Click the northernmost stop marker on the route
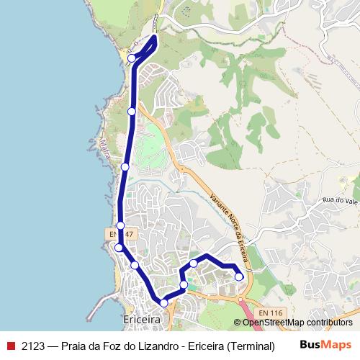(132, 58)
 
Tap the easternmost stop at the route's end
(239, 276)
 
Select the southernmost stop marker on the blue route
(163, 303)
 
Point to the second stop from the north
(132, 112)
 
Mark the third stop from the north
(125, 167)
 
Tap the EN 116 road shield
(270, 312)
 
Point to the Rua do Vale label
(340, 199)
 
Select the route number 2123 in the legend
(33, 345)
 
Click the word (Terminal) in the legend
(251, 345)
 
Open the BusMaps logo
(326, 344)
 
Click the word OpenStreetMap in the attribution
(273, 323)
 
